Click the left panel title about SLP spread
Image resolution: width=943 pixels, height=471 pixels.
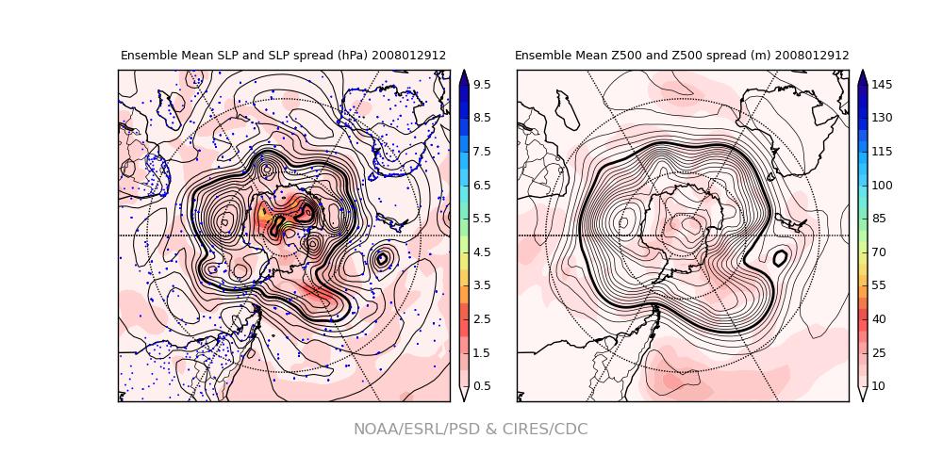283,56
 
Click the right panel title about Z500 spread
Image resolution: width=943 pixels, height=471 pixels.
681,56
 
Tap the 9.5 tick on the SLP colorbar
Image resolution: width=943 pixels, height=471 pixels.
481,85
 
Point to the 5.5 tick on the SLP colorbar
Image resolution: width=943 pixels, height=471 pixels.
481,219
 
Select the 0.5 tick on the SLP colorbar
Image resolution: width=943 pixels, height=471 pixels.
481,386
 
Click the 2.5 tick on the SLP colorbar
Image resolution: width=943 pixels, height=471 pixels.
481,319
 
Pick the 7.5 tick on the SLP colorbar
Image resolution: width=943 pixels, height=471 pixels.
481,152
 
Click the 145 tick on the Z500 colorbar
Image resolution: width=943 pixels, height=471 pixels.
881,85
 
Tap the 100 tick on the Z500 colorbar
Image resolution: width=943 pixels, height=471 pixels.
881,186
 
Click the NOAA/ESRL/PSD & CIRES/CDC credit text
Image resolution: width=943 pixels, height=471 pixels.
471,430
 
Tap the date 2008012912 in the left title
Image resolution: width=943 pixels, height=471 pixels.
408,56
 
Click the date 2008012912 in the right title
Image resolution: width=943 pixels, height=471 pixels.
811,56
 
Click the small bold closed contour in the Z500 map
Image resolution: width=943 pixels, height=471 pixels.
780,257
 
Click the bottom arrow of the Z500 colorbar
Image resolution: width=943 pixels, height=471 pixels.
862,395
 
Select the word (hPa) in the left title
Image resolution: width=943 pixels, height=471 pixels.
350,56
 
